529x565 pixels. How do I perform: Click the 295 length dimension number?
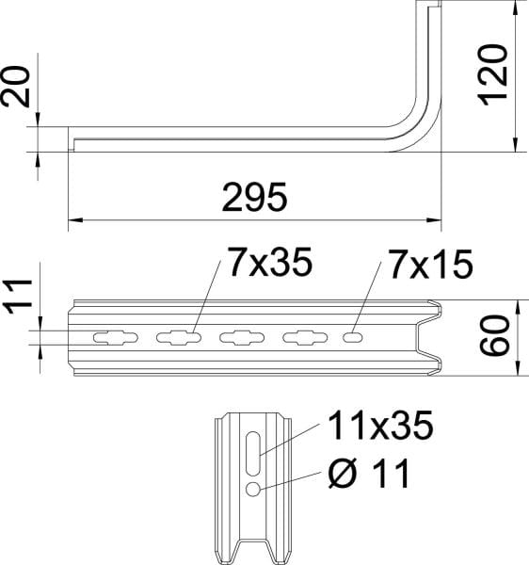click(254, 198)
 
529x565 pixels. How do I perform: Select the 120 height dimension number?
click(492, 75)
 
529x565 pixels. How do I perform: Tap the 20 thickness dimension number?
click(15, 87)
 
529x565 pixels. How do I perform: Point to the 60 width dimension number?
click(495, 335)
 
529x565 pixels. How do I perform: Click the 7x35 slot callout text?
click(270, 263)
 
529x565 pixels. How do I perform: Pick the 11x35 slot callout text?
click(380, 426)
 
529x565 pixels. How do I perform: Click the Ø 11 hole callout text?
click(370, 473)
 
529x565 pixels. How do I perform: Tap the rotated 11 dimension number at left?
click(17, 297)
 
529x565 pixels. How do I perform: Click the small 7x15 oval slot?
click(353, 338)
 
